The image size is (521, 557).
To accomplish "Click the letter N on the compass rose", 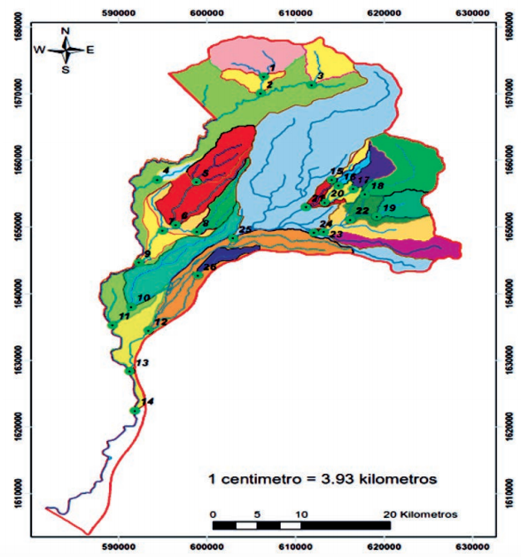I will (66, 30).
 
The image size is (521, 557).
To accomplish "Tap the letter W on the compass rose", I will (39, 50).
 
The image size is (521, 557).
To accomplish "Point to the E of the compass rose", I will (90, 50).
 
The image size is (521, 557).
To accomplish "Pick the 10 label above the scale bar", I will (301, 514).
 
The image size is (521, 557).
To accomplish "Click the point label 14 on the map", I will (147, 403).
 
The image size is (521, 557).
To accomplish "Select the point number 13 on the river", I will (143, 363).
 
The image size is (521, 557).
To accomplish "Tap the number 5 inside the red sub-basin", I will (205, 173).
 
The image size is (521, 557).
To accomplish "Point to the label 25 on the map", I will (245, 230).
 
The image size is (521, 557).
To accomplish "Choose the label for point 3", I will (320, 75).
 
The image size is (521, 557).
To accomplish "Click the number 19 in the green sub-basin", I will (388, 207).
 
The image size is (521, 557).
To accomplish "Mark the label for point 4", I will (165, 170).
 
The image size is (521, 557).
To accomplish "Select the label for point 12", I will (160, 322).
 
